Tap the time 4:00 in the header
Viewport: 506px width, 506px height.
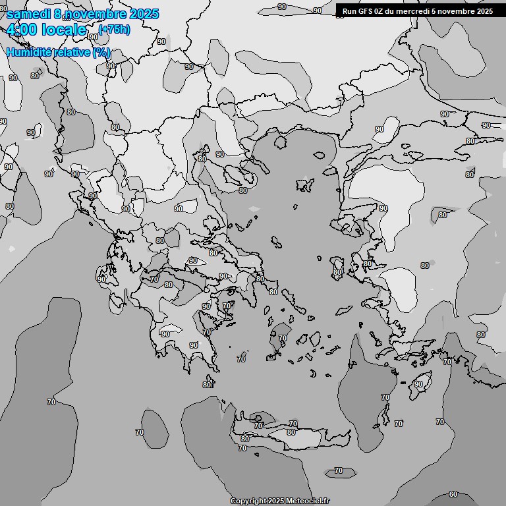tap(21, 30)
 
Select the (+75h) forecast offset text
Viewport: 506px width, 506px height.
tap(114, 30)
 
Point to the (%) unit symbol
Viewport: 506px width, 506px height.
tap(101, 52)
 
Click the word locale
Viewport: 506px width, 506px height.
tap(63, 30)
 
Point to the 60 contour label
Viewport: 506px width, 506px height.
tap(453, 494)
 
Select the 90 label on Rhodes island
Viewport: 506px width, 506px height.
tap(419, 384)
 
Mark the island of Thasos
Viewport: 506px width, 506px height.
tap(279, 140)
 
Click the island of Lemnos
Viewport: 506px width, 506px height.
tap(304, 185)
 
